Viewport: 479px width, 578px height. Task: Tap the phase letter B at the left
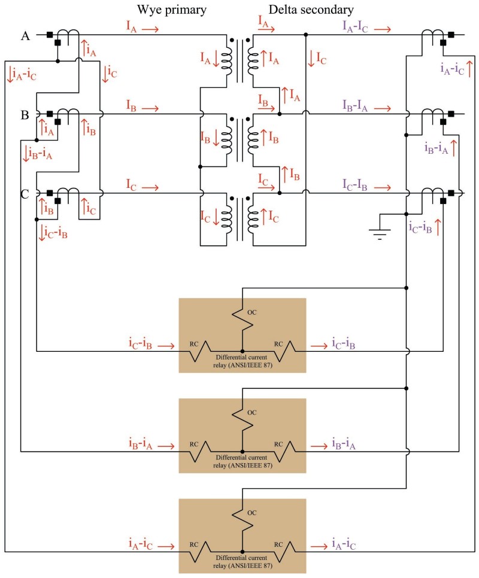[x=25, y=115]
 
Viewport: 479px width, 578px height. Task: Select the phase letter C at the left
[x=25, y=193]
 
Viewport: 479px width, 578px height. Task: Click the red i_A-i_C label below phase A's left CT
[x=22, y=74]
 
